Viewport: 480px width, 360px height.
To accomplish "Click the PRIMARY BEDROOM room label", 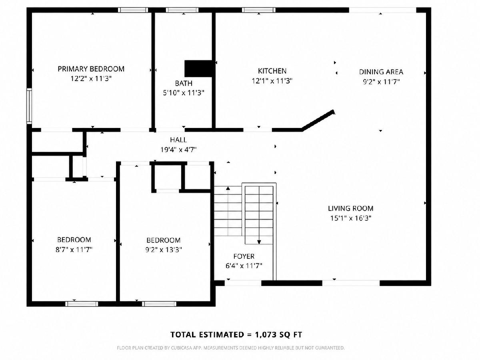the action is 91,69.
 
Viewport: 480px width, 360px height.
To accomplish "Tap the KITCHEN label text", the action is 272,71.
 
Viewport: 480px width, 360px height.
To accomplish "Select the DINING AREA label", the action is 381,72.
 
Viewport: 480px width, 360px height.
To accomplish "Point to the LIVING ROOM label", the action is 350,208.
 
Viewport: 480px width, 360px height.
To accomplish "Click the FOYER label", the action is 244,256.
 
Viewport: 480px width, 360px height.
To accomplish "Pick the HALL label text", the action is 178,140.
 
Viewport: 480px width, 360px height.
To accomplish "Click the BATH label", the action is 184,83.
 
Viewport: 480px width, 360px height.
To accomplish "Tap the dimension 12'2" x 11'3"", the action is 91,79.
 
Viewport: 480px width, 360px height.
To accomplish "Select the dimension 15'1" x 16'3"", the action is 351,218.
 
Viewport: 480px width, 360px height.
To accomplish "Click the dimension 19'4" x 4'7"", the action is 178,150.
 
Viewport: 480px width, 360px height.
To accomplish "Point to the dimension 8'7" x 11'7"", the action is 74,249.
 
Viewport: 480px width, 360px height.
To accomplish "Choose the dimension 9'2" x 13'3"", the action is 164,250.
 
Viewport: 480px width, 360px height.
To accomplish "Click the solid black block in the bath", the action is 199,69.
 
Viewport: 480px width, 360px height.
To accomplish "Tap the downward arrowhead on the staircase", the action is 259,242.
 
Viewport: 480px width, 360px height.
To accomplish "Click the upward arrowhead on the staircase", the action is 228,188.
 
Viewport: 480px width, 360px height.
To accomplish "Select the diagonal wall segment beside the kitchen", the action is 318,121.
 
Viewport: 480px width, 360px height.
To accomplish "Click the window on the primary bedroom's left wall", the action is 29,106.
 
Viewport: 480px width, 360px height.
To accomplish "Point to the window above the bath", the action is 182,10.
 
